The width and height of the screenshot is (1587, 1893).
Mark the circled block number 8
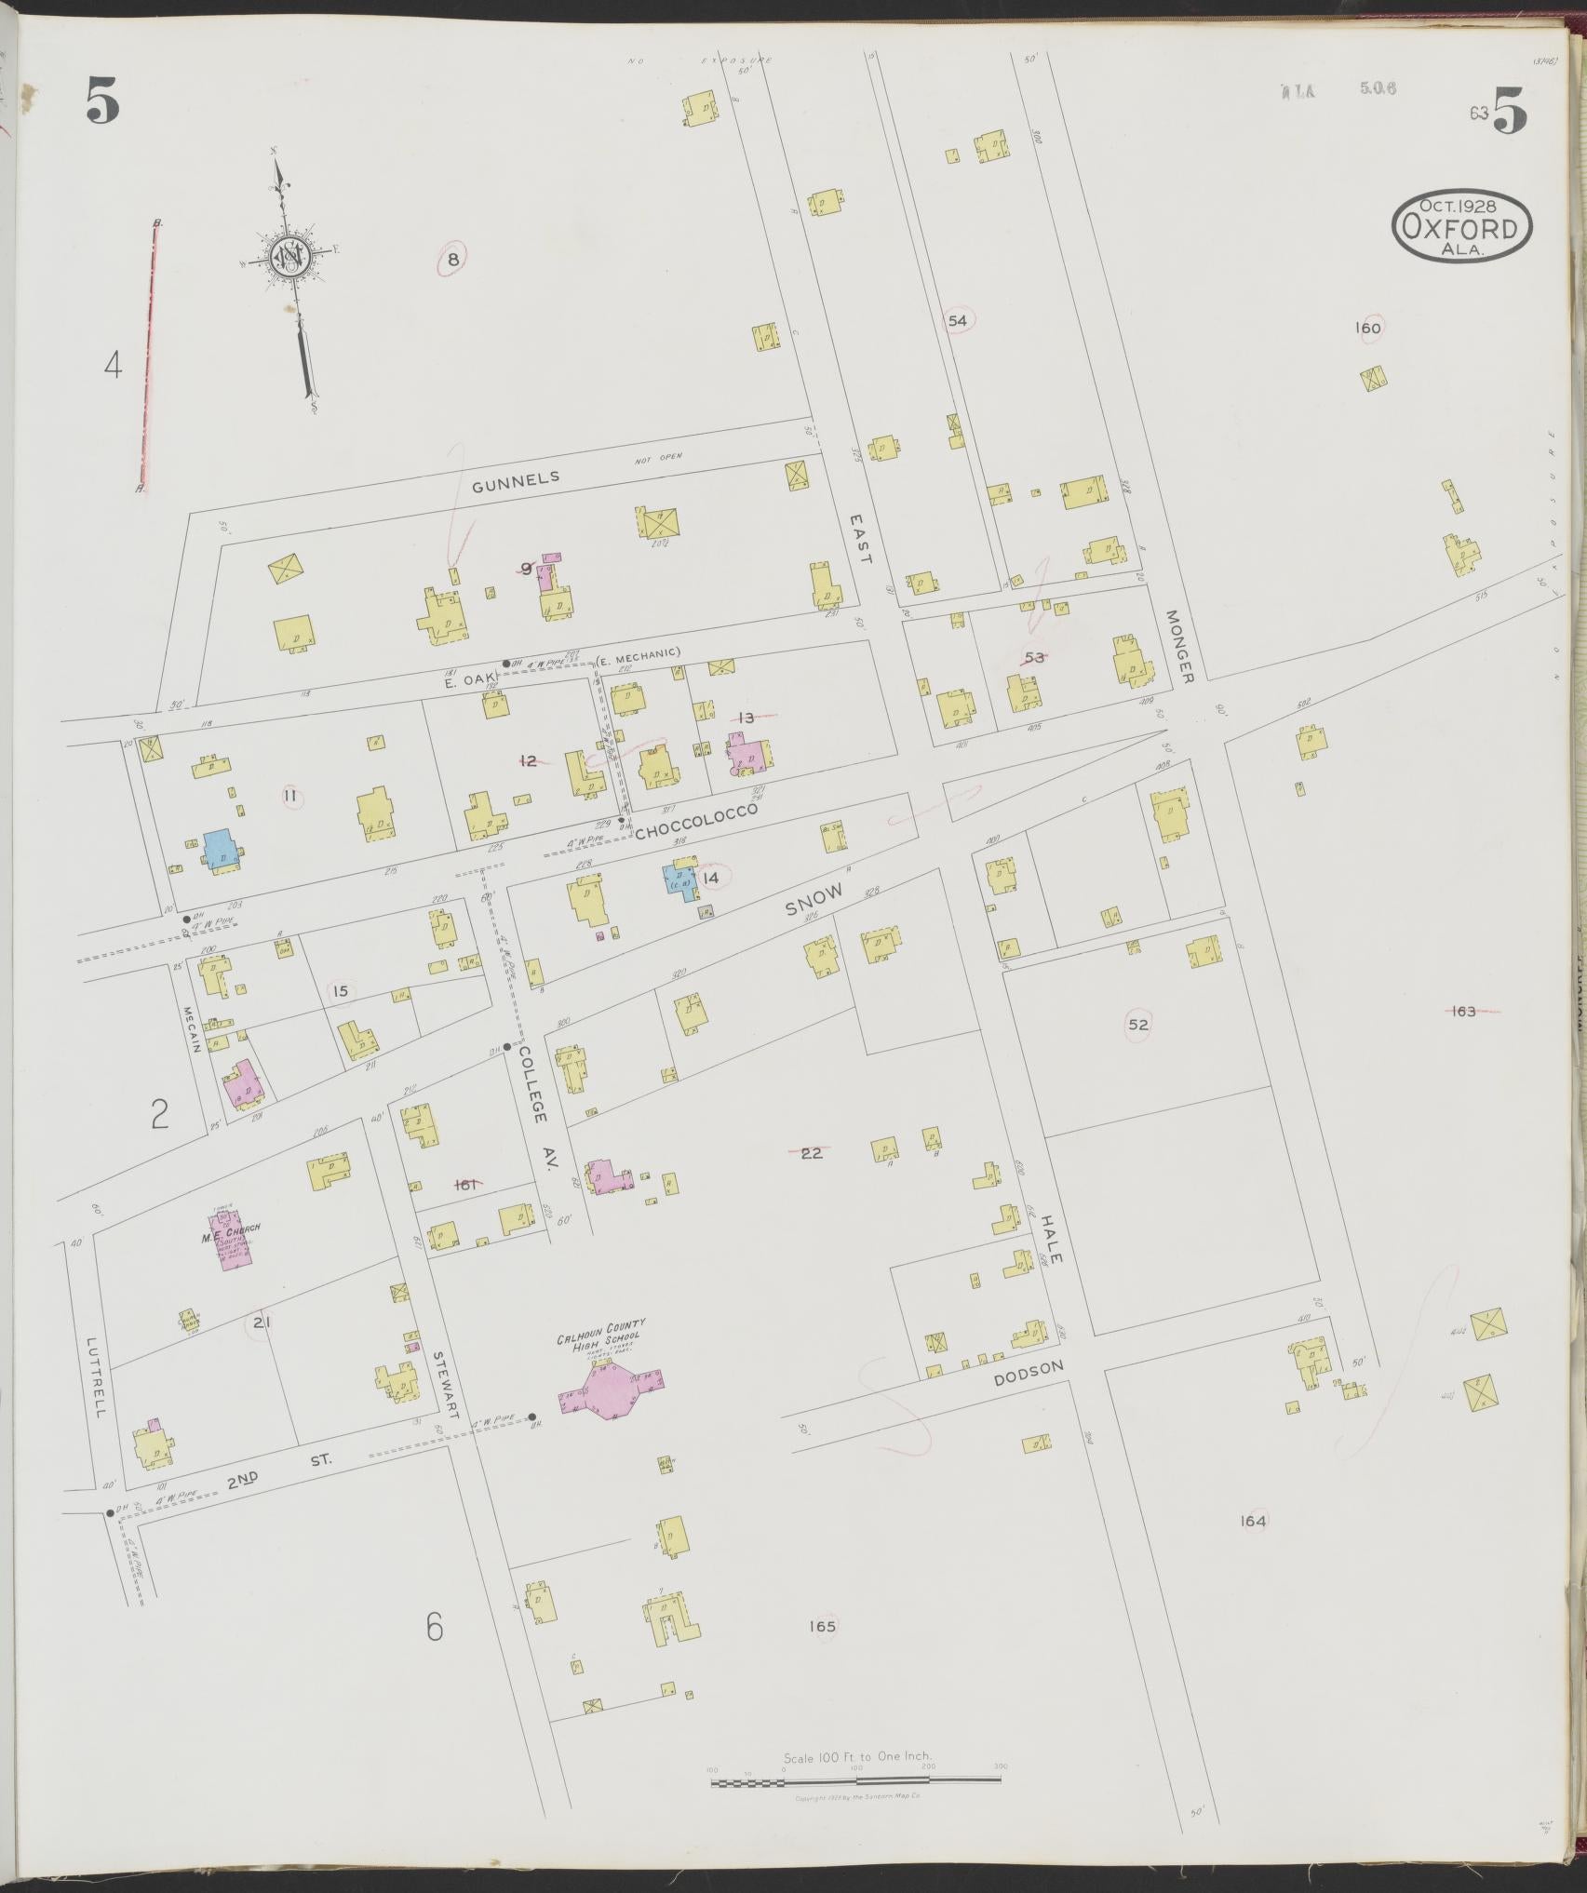[x=452, y=260]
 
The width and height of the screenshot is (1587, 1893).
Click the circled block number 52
[x=1137, y=1025]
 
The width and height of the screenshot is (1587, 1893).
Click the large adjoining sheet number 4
[x=113, y=366]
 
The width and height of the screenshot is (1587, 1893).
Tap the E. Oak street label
[x=461, y=682]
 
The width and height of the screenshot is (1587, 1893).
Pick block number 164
[x=1253, y=1521]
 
